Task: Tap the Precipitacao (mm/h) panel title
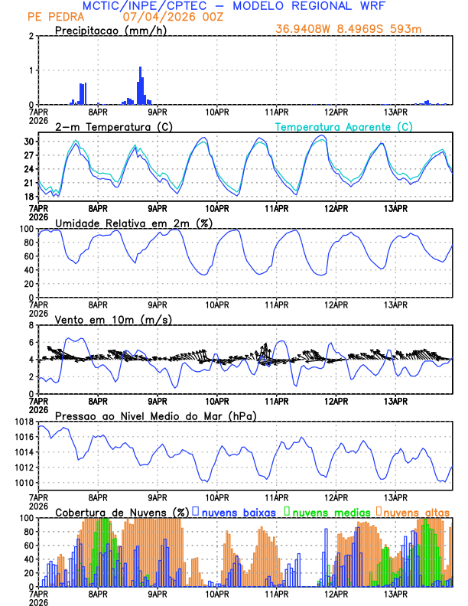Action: click(x=106, y=30)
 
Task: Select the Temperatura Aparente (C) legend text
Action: click(x=343, y=126)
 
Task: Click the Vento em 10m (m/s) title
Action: click(x=114, y=319)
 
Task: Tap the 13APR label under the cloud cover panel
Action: click(x=396, y=593)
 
